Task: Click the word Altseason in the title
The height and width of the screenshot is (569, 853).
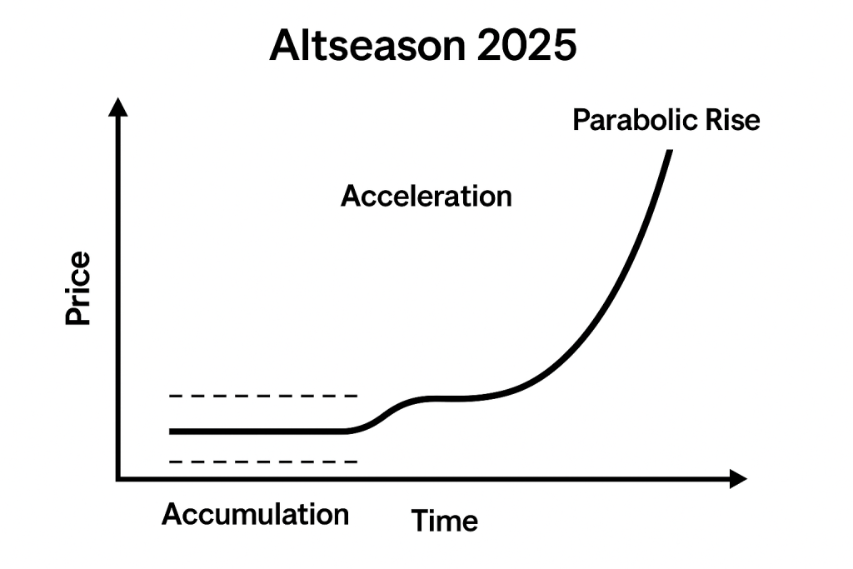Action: (367, 45)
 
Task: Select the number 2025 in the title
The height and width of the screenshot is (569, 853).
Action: (526, 45)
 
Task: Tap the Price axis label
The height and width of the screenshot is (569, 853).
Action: (77, 287)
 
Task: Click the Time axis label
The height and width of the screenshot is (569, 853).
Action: (445, 521)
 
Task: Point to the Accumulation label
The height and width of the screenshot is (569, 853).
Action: (255, 514)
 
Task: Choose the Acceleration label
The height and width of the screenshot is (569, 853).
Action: (426, 196)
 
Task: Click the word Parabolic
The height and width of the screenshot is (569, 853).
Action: (635, 120)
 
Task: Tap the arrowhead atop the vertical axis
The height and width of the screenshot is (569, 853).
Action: (118, 107)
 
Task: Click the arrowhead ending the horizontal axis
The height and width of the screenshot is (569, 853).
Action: (738, 479)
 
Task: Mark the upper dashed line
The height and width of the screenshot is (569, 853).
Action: (263, 396)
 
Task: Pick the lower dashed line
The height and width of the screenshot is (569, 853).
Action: (263, 462)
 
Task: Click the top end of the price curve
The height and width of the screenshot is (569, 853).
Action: (670, 151)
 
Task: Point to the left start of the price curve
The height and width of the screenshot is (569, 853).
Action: (171, 432)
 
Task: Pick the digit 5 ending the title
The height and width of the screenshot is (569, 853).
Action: (566, 45)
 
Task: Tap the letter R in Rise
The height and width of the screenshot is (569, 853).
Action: (714, 120)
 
